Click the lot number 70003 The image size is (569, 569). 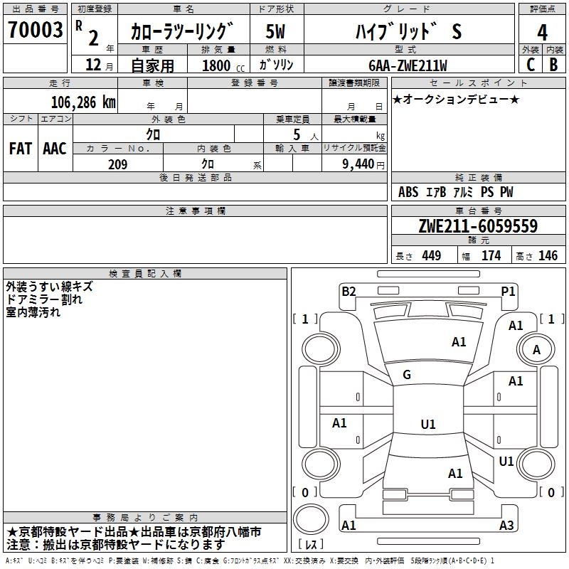[x=35, y=31]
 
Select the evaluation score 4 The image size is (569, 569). [x=542, y=33]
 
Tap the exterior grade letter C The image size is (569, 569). [x=530, y=65]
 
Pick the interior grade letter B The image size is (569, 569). [x=553, y=65]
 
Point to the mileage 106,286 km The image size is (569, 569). [x=83, y=102]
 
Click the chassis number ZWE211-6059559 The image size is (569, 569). [x=478, y=227]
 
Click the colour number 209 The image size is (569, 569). [x=117, y=164]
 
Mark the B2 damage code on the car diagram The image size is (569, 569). [x=349, y=291]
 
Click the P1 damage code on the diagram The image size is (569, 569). [x=508, y=291]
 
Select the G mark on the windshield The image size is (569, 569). [x=406, y=375]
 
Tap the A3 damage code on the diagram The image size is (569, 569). [x=506, y=526]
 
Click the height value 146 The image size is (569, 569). [x=548, y=256]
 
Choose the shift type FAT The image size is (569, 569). [x=20, y=149]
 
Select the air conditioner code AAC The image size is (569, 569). [x=55, y=149]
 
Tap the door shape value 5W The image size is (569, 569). [x=276, y=31]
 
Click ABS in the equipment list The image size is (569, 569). [x=408, y=192]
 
